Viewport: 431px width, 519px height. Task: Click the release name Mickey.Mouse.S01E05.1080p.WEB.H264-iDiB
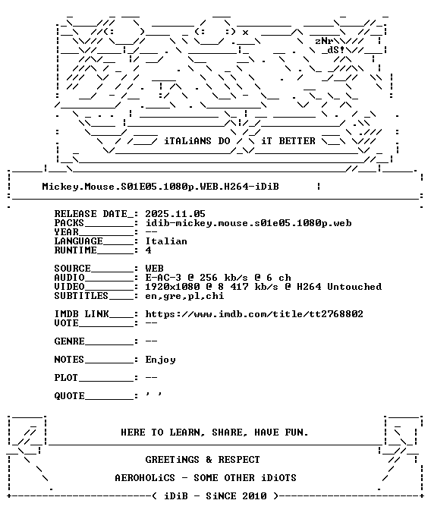[x=160, y=187]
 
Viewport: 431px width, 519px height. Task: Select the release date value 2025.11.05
[x=175, y=214]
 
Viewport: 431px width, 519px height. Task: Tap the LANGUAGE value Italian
[x=166, y=241]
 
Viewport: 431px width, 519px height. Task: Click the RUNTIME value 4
[x=148, y=250]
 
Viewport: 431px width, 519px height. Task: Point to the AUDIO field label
[x=70, y=278]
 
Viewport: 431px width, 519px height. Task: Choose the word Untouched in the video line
[x=354, y=287]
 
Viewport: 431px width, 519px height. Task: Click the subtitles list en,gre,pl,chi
[x=184, y=296]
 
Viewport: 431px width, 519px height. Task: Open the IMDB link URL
[x=254, y=314]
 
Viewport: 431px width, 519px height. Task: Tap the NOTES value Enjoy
[x=160, y=360]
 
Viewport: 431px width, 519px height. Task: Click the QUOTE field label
[x=70, y=396]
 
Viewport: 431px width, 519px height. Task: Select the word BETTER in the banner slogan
[x=297, y=141]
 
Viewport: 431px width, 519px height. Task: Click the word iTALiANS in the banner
[x=187, y=141]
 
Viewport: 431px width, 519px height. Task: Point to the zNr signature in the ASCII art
[x=324, y=41]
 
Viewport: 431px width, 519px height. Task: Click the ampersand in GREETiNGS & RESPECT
[x=209, y=460]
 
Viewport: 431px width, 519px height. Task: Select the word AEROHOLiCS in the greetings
[x=145, y=478]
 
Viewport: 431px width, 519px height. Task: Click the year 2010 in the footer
[x=254, y=496]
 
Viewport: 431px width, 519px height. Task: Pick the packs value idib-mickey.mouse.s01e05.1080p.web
[x=248, y=223]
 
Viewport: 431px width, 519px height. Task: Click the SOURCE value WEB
[x=154, y=269]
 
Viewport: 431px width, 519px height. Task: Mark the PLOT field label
[x=66, y=378]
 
